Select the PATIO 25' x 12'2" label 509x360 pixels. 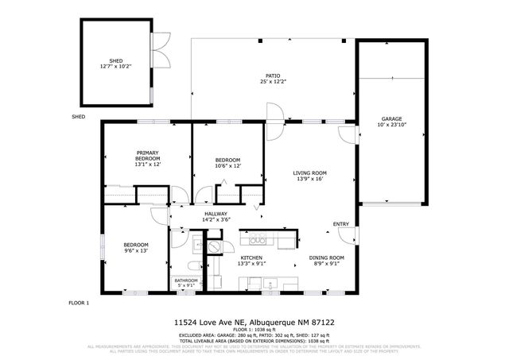point(272,79)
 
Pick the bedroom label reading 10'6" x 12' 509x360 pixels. point(227,163)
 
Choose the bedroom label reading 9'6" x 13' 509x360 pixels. point(134,247)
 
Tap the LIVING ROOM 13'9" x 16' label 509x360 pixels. point(310,176)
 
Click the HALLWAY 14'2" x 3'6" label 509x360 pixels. point(216,216)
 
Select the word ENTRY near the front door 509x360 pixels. point(340,224)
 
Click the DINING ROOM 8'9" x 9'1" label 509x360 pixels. point(326,261)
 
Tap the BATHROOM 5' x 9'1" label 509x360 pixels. point(186,282)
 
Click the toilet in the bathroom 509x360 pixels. point(192,265)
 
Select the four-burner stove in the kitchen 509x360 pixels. point(258,238)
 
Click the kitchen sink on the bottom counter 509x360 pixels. point(271,284)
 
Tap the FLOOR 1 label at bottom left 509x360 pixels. point(79,303)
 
